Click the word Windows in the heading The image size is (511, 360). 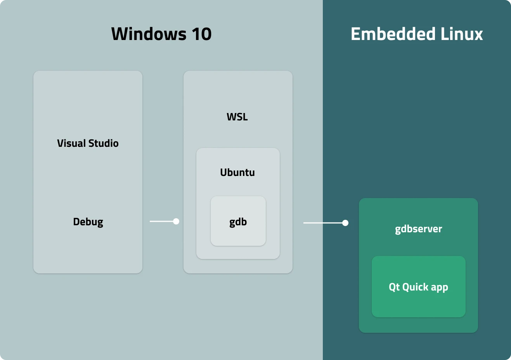point(149,34)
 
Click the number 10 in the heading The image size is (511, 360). point(201,34)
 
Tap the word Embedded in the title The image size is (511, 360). point(393,34)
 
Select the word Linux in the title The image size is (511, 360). point(462,34)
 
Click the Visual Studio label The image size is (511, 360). point(88,143)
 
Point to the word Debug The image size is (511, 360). point(88,222)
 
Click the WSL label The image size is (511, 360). point(237,117)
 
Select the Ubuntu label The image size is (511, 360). point(237,172)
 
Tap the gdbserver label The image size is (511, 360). point(418,229)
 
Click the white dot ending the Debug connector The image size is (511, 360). point(176,221)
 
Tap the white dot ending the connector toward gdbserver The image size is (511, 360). point(345,223)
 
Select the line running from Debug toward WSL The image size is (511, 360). point(161,221)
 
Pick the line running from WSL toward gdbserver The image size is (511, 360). point(322,223)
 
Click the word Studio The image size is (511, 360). point(103,143)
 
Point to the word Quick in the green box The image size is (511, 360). point(415,287)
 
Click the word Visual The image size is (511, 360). point(71,143)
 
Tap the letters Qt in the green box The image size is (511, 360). point(394,287)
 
